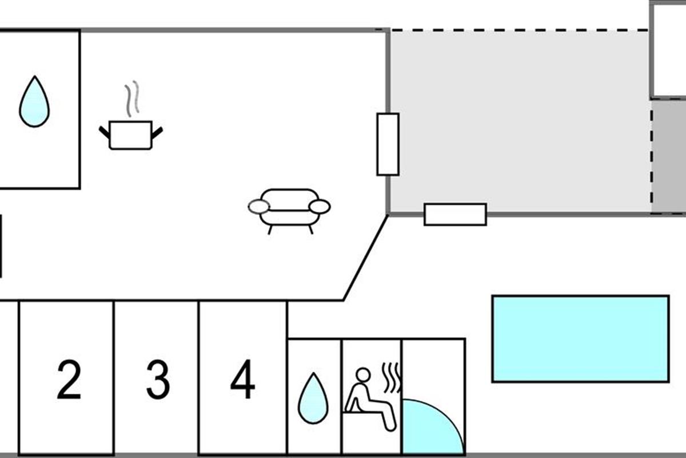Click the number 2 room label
click(x=69, y=380)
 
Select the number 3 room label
click(x=158, y=380)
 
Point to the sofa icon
click(x=289, y=210)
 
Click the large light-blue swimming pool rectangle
click(x=580, y=338)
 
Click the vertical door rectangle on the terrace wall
click(x=388, y=144)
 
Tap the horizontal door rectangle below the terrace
click(x=455, y=215)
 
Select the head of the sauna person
click(x=362, y=376)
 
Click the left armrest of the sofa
click(x=259, y=207)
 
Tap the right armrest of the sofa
click(x=320, y=207)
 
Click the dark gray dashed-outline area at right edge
click(x=669, y=157)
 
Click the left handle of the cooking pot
click(x=105, y=132)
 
